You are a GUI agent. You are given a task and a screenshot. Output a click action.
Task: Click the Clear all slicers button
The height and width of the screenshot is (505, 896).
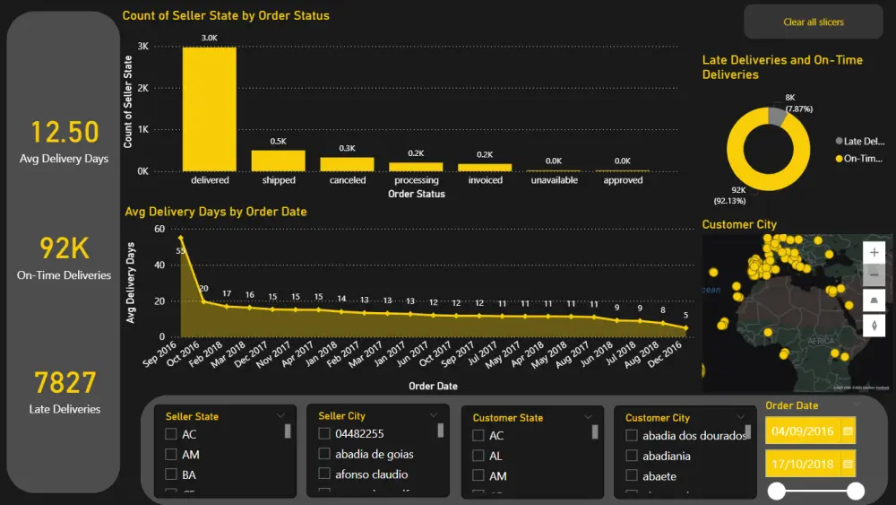point(813,22)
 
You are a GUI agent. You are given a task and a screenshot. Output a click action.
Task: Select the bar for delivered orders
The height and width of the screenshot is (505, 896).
point(210,109)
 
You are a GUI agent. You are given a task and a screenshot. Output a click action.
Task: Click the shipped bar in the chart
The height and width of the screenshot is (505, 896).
point(279,161)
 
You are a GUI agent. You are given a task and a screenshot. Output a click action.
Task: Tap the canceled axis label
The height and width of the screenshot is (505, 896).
point(348,180)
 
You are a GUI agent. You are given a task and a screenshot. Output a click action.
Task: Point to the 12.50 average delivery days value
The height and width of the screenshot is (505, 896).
point(65,133)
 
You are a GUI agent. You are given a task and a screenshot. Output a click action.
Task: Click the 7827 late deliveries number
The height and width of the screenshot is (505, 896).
point(65,383)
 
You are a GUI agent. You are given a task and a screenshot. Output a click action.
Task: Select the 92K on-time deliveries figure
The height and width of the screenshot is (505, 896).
point(65,248)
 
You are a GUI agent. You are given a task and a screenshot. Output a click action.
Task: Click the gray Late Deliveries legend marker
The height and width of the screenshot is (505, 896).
point(839,141)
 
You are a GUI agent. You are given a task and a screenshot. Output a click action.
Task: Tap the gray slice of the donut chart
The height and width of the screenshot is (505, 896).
point(776,116)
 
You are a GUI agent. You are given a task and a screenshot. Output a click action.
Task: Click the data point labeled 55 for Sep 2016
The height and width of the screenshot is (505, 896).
point(181,238)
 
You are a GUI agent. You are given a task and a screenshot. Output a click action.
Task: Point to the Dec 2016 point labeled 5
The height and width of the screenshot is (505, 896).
point(686,328)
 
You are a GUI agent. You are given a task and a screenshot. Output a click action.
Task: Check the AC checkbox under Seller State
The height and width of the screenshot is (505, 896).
point(171,435)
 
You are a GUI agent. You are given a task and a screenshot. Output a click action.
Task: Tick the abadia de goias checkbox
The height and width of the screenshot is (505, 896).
point(323,454)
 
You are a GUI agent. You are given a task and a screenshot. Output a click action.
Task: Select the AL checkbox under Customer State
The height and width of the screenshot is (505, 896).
point(478,456)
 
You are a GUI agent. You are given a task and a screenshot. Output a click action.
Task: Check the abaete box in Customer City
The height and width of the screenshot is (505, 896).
point(632,476)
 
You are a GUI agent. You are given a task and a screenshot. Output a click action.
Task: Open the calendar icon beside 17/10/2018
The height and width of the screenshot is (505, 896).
point(848,464)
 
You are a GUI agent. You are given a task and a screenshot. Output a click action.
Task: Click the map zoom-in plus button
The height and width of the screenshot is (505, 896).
point(874,253)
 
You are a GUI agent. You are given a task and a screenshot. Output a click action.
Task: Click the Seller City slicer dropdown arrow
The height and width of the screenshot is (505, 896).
point(435,415)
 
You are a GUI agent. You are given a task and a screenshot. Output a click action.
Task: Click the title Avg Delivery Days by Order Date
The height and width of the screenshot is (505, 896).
point(215,212)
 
